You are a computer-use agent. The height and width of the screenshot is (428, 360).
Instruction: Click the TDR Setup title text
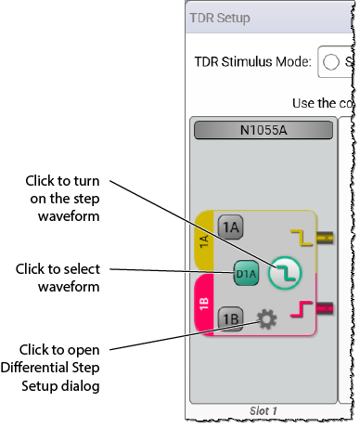coord(220,18)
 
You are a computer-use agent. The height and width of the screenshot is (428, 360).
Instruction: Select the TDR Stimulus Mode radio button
coord(331,61)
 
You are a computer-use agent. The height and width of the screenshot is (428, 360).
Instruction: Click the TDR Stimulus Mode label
coord(252,61)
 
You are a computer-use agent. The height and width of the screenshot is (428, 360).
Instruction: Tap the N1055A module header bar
coord(264,130)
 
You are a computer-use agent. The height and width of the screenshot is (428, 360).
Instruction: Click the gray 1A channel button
coord(230,227)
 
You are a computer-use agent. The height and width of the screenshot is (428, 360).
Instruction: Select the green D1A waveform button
coord(246,274)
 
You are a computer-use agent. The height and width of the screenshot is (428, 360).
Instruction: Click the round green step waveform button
coord(285,273)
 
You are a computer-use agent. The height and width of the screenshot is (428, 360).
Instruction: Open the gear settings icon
coord(266,318)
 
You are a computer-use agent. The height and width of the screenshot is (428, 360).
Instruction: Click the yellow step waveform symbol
coord(302,238)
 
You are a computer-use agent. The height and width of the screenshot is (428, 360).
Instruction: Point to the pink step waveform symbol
coord(302,309)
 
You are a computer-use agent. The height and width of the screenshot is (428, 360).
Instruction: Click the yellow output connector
coord(325,238)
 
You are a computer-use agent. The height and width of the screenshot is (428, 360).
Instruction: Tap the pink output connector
coord(325,308)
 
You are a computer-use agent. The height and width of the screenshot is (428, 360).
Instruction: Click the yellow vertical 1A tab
coord(204,241)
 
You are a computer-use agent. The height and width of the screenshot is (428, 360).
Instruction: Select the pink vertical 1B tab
coord(204,305)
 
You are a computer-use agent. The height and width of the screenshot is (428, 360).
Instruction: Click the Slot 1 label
coord(264,411)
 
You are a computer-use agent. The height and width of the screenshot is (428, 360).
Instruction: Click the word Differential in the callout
coord(35,368)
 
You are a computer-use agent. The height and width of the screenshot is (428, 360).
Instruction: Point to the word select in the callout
coord(80,269)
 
